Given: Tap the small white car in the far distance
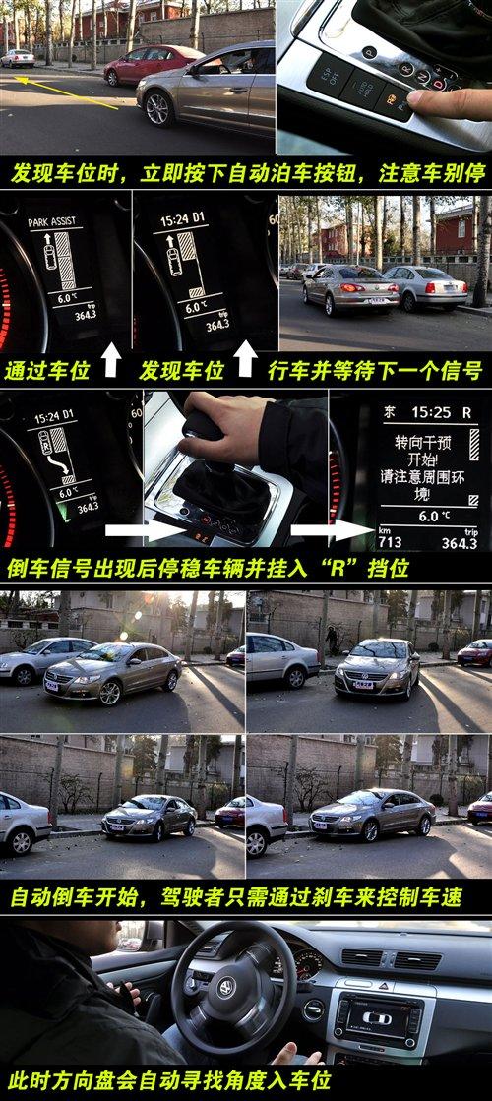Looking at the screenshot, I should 18,58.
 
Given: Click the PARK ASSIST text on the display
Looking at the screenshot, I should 51,223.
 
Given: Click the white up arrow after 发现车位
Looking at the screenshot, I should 245,361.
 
